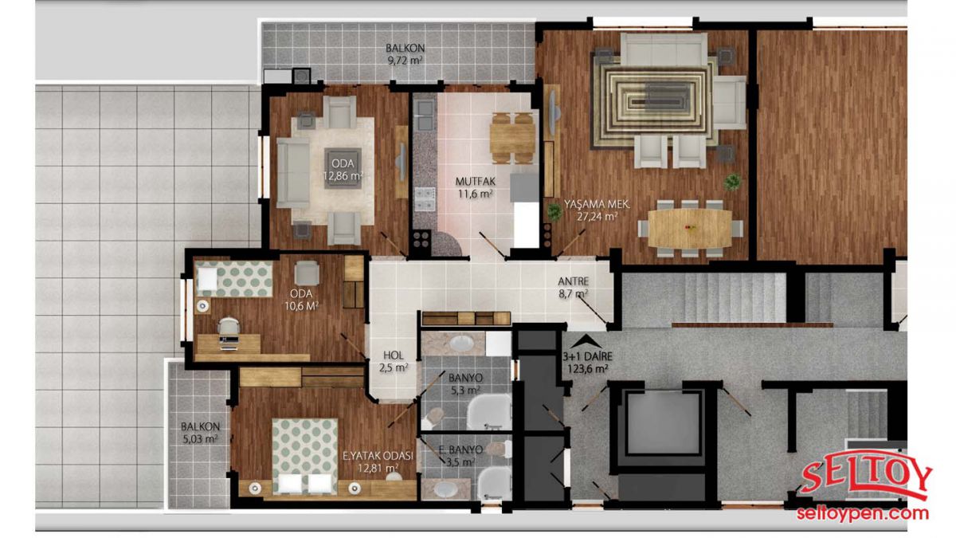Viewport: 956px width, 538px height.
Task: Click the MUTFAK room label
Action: [475, 182]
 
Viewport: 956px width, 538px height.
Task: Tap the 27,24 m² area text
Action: [597, 217]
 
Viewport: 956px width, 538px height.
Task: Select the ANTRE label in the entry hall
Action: [573, 281]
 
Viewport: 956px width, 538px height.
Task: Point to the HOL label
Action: [393, 355]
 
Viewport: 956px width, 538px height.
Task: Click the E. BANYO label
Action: [460, 450]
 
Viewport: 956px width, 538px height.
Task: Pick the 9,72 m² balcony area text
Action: [405, 61]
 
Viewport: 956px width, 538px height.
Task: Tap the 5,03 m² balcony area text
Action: [200, 438]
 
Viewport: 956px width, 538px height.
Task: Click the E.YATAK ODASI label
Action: [378, 456]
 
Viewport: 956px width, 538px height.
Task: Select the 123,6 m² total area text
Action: [588, 369]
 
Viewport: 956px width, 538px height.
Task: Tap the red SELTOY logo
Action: [867, 480]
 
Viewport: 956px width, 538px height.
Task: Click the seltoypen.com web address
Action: [863, 513]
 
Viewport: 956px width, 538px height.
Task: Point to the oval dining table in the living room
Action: [690, 229]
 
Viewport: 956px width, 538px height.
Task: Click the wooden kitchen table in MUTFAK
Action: [512, 139]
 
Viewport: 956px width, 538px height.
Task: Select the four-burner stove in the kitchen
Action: [421, 239]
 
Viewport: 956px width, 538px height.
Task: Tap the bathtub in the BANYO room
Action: [489, 411]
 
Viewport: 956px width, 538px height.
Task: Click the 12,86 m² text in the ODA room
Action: [343, 176]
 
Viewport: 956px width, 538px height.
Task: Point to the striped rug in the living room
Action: [653, 103]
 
